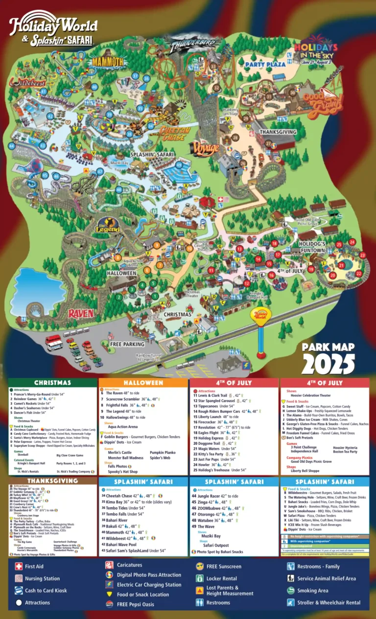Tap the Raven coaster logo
coord(81,313)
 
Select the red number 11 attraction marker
coord(211,270)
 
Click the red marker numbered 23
coord(362,255)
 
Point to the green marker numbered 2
coord(118,297)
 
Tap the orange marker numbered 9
coord(157,245)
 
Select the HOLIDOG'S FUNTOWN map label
coord(312,247)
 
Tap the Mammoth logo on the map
coord(108,62)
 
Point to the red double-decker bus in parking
coord(54,343)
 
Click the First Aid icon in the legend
coord(19,566)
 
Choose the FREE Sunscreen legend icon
coord(200,566)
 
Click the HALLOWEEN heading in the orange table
coord(143,383)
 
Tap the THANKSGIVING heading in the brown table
coord(52,481)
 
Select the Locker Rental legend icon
coord(200,578)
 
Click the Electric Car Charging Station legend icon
coord(109,584)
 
